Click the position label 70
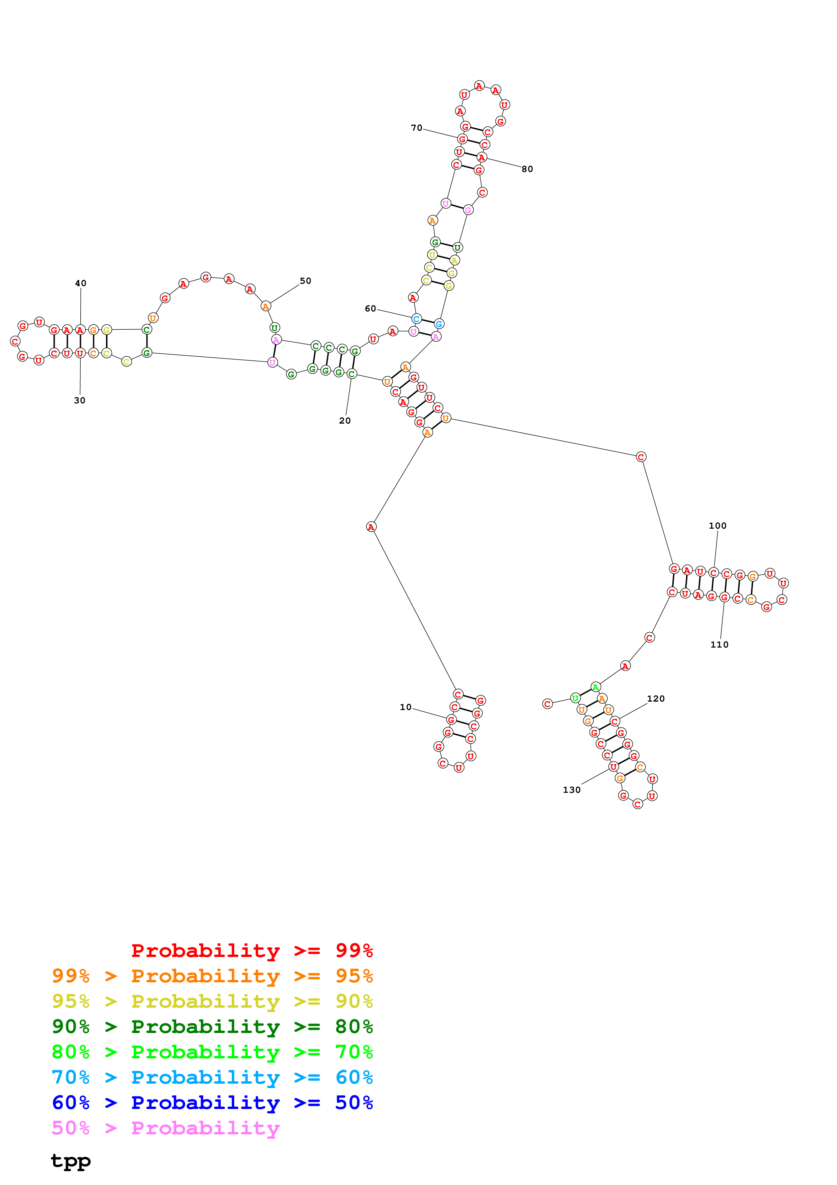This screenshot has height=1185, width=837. [x=416, y=128]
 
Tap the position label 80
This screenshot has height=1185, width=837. [x=527, y=169]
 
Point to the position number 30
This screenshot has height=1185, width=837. [x=79, y=401]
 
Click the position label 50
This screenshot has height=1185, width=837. [x=305, y=281]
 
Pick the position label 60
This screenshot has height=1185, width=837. [x=370, y=309]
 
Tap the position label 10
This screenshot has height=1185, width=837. [x=406, y=707]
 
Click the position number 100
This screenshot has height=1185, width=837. [x=717, y=526]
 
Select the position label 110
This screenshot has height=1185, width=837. [x=720, y=645]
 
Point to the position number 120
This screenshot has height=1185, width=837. [x=655, y=699]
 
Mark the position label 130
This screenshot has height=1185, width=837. [x=571, y=790]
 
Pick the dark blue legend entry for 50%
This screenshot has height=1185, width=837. [x=212, y=1103]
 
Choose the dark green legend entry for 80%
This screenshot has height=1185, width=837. [x=212, y=1027]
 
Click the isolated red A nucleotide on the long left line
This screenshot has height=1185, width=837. [x=371, y=527]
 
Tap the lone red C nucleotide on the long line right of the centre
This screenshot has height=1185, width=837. [x=640, y=457]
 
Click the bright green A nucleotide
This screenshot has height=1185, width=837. [x=595, y=687]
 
